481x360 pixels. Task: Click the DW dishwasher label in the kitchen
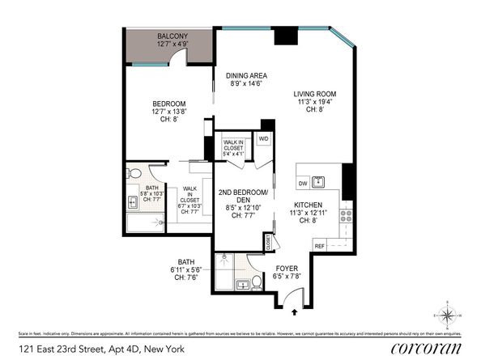coord(301,183)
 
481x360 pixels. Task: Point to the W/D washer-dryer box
coord(263,138)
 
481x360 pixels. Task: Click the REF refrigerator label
coord(319,245)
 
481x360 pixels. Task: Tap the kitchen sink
coord(320,182)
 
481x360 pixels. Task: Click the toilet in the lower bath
coord(257,282)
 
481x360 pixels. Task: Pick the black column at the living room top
coord(286,36)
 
